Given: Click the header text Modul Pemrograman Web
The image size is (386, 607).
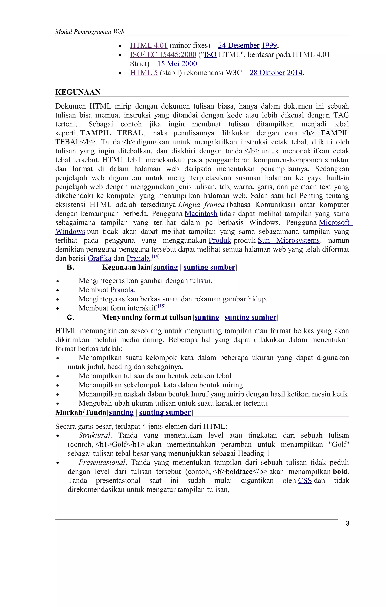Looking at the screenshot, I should click(x=90, y=32).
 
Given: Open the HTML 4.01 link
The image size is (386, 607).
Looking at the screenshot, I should click(x=149, y=45).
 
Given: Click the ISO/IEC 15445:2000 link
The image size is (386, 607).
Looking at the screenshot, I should click(x=163, y=54).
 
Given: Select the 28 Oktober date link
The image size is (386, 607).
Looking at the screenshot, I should click(x=267, y=73).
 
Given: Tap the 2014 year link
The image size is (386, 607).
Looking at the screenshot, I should click(x=294, y=73).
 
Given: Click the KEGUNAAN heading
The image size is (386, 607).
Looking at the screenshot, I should click(x=78, y=92).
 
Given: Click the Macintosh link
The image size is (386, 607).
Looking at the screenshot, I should click(x=201, y=214).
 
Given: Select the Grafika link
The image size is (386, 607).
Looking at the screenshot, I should click(x=99, y=258).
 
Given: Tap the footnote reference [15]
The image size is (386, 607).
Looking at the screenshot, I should click(x=162, y=306).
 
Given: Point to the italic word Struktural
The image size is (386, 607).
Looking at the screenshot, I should click(x=95, y=435).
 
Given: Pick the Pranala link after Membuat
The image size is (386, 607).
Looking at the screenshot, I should click(x=122, y=290).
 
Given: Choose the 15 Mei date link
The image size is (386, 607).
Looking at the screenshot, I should click(x=168, y=64).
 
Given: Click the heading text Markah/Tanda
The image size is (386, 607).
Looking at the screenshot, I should click(x=81, y=412).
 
